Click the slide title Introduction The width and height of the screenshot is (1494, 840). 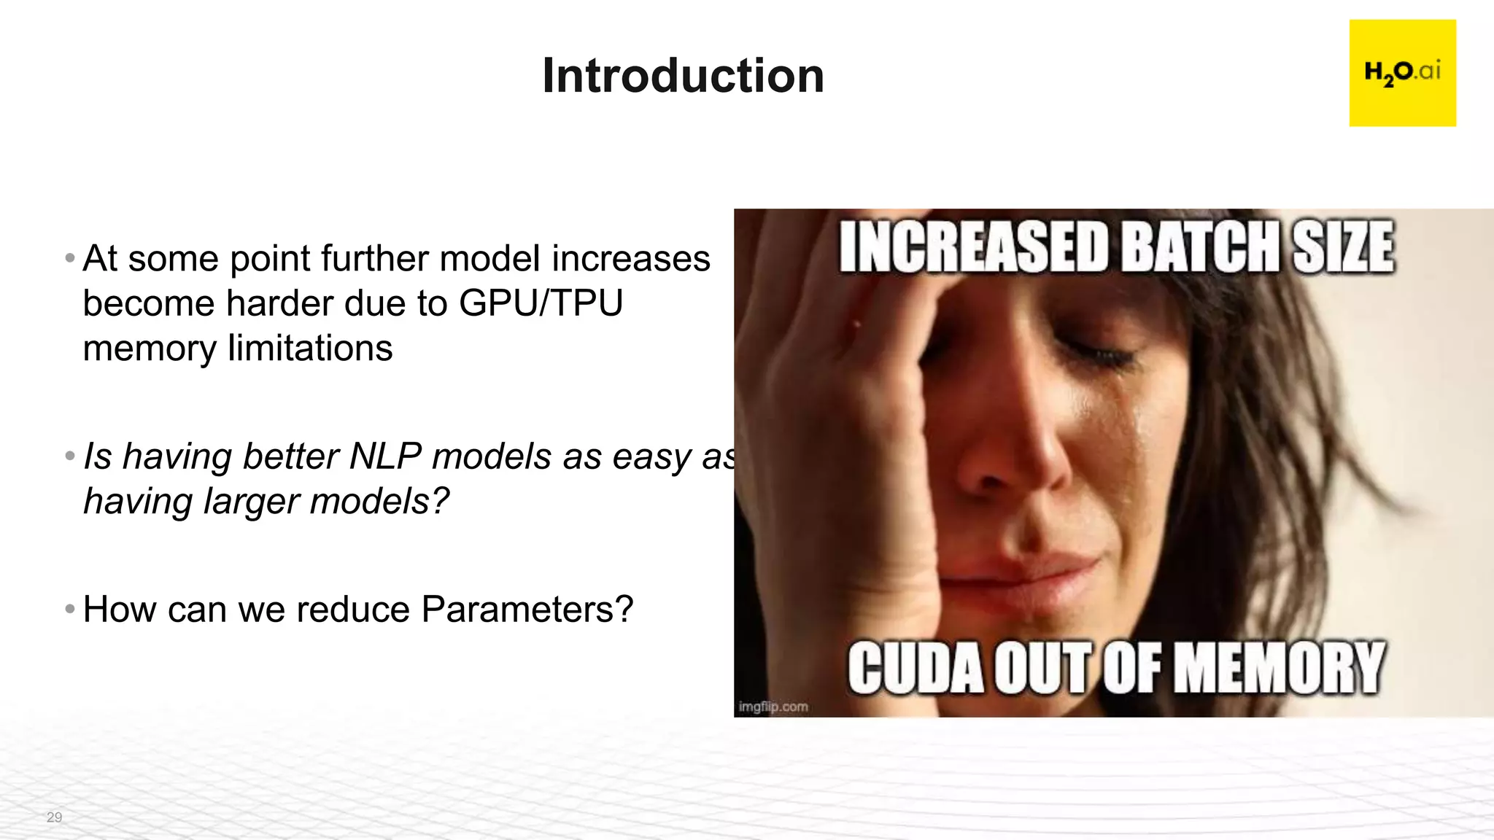tap(683, 76)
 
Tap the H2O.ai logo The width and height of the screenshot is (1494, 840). tap(1402, 73)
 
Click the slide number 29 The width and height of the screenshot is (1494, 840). tap(54, 817)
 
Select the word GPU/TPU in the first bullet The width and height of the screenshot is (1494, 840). tap(541, 303)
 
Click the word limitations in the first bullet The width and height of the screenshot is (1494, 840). tap(310, 349)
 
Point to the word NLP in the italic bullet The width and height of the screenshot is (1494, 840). tap(385, 457)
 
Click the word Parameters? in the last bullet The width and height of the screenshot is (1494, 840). tap(527, 610)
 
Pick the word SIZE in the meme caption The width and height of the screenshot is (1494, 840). tap(1343, 248)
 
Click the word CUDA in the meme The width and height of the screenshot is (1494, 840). tap(916, 668)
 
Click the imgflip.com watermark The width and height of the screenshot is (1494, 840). tap(773, 707)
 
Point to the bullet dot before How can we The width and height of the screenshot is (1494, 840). tap(70, 608)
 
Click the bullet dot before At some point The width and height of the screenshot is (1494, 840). tap(70, 258)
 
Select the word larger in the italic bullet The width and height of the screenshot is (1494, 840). tap(251, 502)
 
